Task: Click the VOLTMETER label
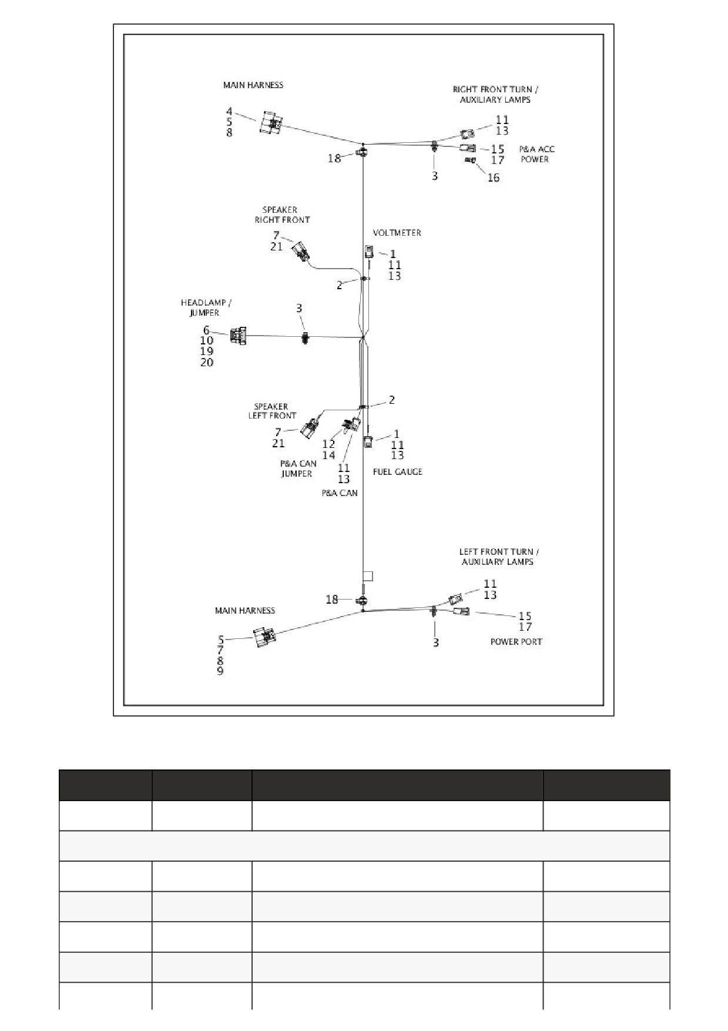click(397, 233)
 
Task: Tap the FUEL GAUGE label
click(398, 471)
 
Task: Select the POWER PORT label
click(516, 641)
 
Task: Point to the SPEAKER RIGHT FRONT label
click(281, 215)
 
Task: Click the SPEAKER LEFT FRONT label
click(272, 410)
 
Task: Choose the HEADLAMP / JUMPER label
click(206, 307)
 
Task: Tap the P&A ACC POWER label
click(536, 154)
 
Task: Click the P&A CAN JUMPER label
click(298, 468)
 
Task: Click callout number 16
click(494, 178)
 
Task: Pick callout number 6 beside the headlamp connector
click(206, 330)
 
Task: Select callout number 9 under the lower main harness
click(220, 671)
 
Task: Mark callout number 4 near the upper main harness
click(229, 111)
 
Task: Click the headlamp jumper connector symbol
click(239, 336)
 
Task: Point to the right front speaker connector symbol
click(301, 252)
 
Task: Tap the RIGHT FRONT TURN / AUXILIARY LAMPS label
click(495, 94)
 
